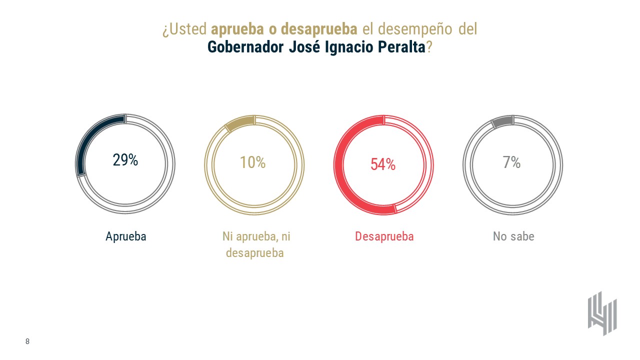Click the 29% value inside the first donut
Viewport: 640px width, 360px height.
coord(125,160)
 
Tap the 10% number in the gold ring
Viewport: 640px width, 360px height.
coord(253,162)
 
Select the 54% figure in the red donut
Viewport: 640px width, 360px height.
coord(383,164)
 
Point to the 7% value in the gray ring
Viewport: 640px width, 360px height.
coord(512,162)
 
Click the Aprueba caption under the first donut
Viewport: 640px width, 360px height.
coord(126,236)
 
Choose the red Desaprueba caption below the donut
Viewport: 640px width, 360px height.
coord(384,236)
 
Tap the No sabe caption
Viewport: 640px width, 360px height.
coord(513,236)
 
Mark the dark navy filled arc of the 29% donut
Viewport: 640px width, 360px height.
coord(90,137)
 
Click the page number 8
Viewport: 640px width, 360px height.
coord(27,341)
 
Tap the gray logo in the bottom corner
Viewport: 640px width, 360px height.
coord(602,313)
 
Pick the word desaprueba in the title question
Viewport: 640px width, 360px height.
coord(318,29)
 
